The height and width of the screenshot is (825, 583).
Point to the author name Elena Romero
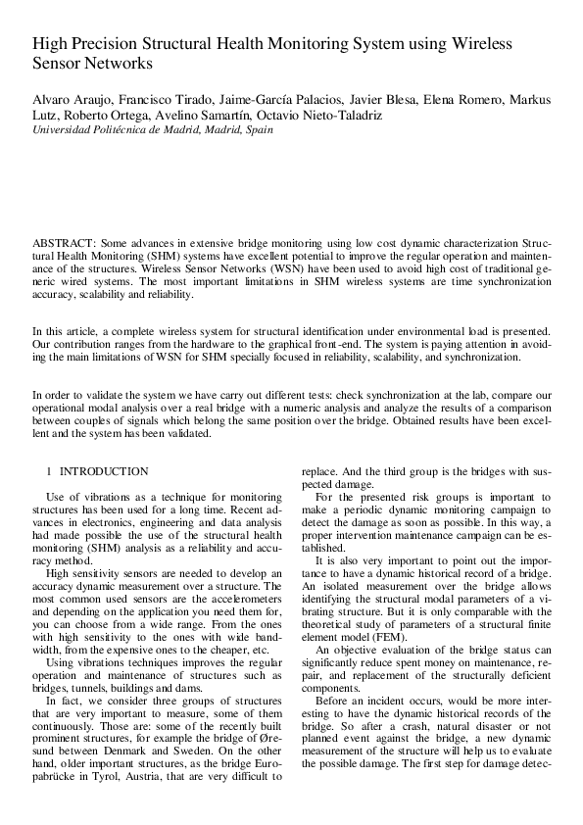pos(469,101)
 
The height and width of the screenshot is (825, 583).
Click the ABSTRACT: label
pos(63,240)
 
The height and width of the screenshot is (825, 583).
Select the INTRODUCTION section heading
pos(104,471)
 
